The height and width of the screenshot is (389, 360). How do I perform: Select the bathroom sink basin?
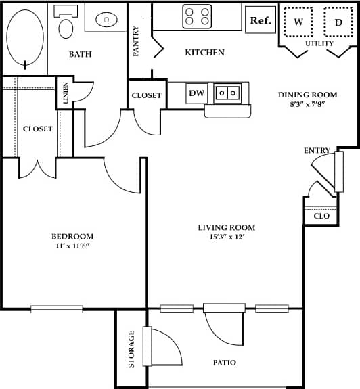(106, 20)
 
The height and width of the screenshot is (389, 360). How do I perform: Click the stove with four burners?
(197, 16)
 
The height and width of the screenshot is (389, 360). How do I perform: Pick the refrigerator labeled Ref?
(261, 20)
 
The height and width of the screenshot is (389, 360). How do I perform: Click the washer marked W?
(298, 22)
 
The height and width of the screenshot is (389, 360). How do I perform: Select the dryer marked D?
(338, 22)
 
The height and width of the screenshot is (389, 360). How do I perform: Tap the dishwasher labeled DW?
(196, 93)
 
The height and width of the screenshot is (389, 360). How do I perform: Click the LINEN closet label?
(66, 93)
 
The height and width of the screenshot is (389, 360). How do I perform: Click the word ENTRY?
(317, 150)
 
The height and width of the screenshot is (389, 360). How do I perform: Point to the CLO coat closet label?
(321, 216)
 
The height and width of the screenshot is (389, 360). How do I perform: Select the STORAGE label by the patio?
(132, 348)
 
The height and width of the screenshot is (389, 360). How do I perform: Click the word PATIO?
(224, 363)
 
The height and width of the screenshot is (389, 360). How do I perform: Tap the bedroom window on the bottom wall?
(57, 309)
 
